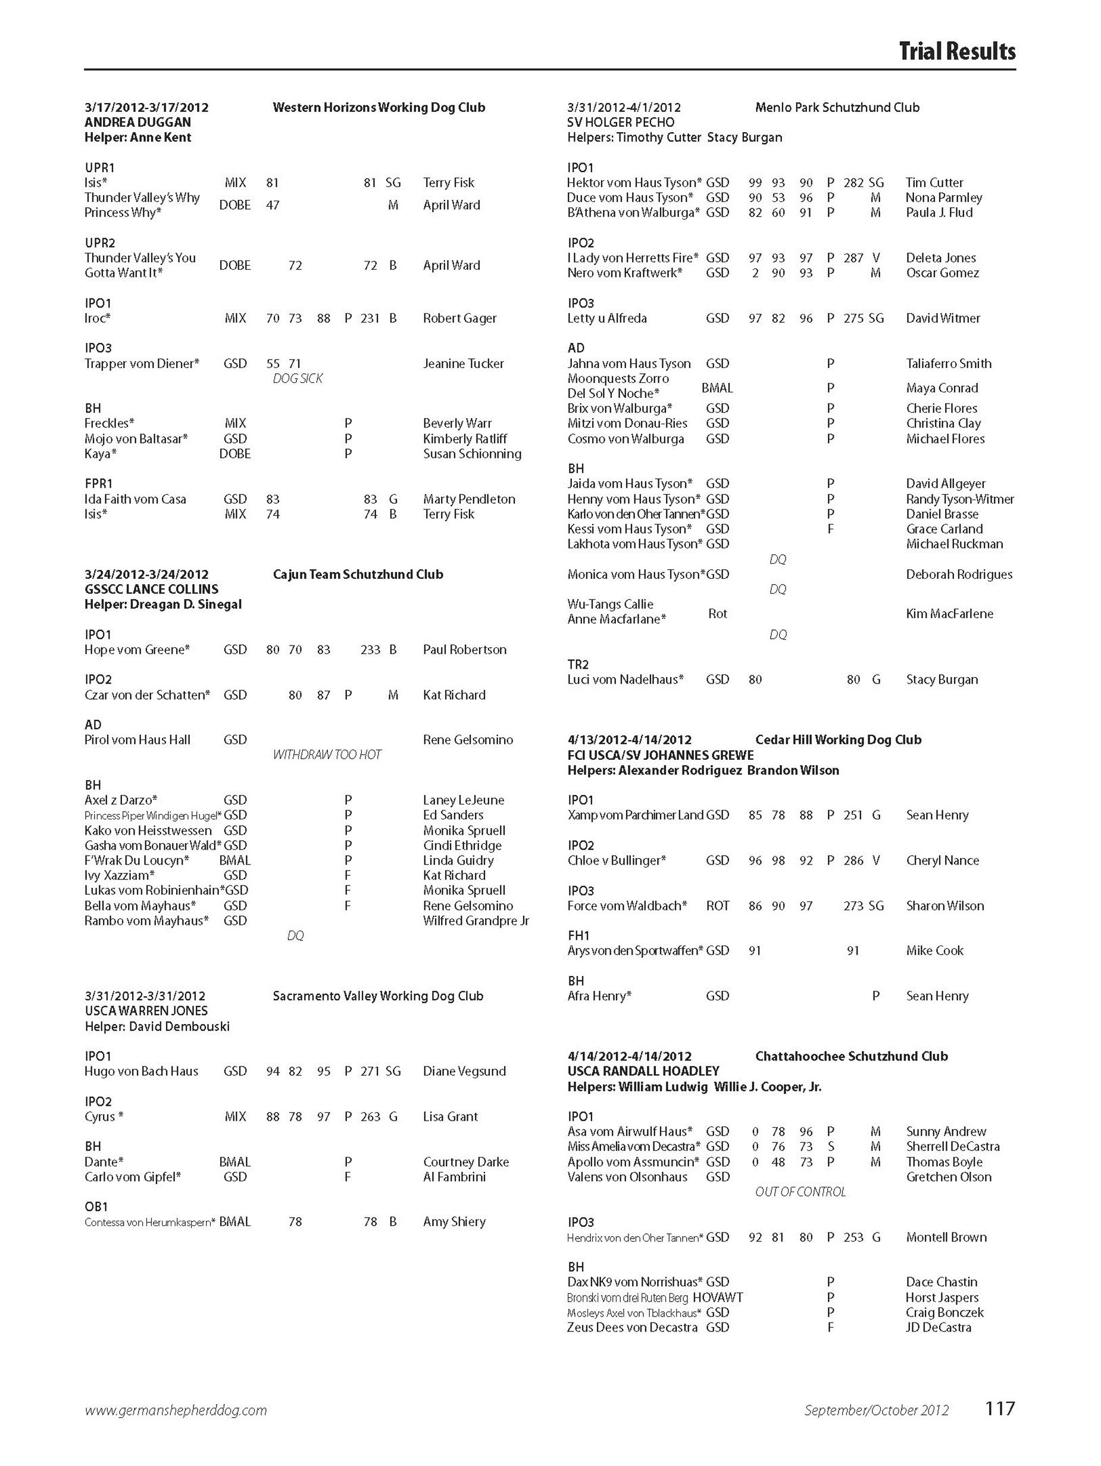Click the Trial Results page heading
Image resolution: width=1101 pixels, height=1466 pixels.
[x=956, y=51]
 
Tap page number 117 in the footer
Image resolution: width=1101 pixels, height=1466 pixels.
[x=999, y=1427]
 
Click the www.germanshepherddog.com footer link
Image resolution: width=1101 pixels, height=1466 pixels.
[x=176, y=1428]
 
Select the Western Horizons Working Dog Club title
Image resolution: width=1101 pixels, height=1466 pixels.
[x=379, y=107]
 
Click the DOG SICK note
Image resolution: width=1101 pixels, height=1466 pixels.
[x=298, y=379]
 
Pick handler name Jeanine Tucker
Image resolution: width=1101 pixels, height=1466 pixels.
[x=463, y=363]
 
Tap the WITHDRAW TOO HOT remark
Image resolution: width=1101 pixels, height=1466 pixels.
[x=327, y=755]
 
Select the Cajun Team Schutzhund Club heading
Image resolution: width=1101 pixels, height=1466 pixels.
[x=358, y=575]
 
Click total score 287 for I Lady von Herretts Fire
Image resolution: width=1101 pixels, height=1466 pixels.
[x=853, y=258]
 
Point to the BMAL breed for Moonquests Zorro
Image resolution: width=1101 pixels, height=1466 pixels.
[x=717, y=388]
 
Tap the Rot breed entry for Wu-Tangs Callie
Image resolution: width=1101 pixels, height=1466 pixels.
[x=718, y=614]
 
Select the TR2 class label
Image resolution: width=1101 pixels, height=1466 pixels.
[x=578, y=665]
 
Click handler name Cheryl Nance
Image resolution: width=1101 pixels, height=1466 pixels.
[x=942, y=860]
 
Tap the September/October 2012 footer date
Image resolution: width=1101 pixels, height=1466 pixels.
[x=876, y=1428]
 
